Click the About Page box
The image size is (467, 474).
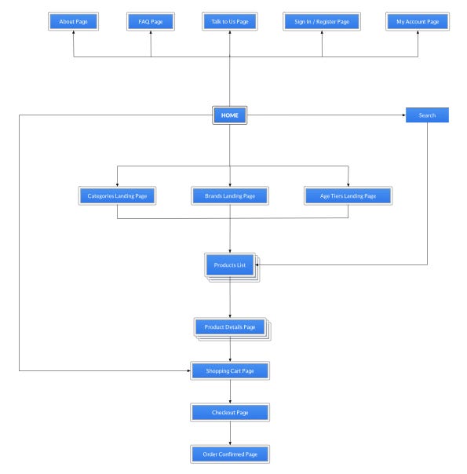(73, 21)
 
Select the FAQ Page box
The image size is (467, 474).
(151, 21)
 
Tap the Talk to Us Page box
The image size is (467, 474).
(230, 21)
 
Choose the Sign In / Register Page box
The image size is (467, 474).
(322, 21)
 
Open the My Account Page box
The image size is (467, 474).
(418, 21)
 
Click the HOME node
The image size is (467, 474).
(230, 115)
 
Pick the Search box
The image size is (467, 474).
(427, 115)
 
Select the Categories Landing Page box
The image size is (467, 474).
(117, 196)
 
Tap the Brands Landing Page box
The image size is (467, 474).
(230, 196)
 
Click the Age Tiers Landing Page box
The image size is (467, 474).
(348, 196)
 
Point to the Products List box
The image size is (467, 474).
(230, 265)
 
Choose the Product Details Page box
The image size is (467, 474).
(230, 327)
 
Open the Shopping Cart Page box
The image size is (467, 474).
(230, 370)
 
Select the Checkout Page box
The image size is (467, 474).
(230, 412)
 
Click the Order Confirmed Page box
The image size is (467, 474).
(230, 454)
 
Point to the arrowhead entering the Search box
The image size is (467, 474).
(404, 115)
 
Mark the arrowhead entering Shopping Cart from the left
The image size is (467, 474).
(188, 370)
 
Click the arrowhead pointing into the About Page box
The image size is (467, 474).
(74, 32)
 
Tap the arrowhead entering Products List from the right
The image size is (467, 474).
(257, 264)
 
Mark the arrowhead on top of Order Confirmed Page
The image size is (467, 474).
(230, 443)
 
